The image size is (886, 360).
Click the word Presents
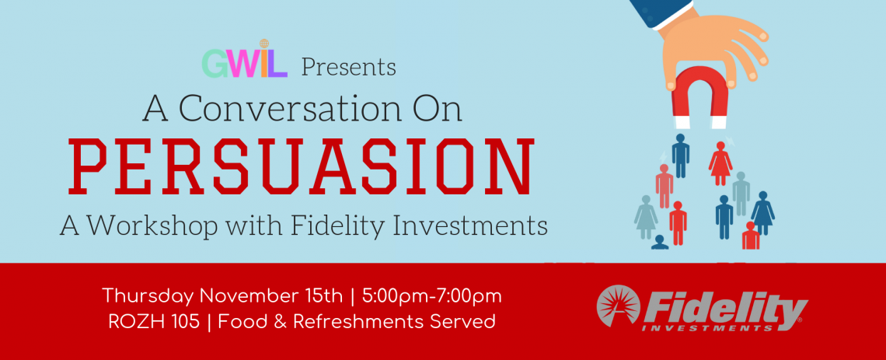click(348, 67)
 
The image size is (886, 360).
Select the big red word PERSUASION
click(305, 166)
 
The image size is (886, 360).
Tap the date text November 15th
click(271, 295)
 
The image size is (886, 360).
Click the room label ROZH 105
click(154, 322)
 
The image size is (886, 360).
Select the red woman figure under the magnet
click(720, 163)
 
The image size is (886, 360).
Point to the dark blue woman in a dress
click(763, 213)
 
